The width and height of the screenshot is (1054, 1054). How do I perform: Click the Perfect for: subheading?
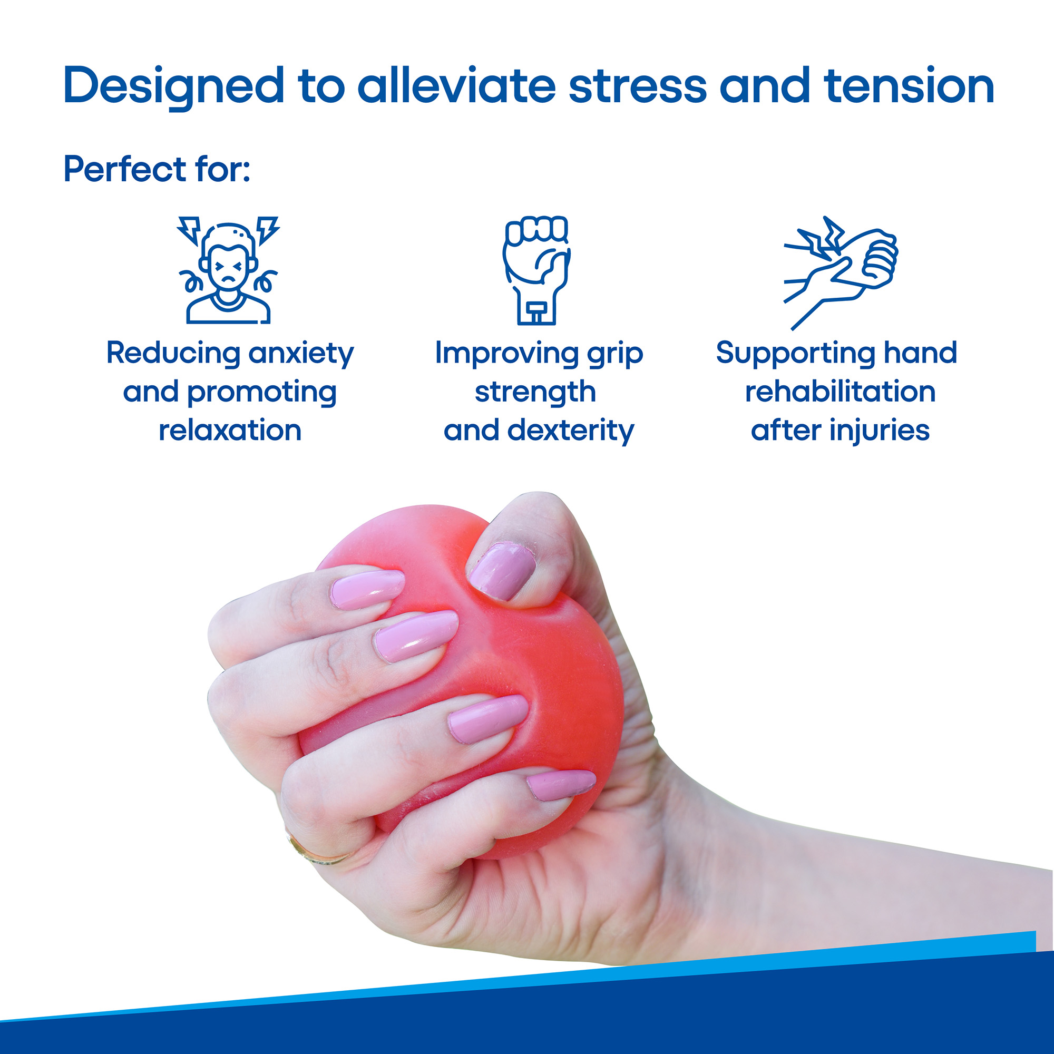[x=157, y=169]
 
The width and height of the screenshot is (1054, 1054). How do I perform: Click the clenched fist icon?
[x=536, y=270]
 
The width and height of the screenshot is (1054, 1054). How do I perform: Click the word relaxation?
[x=230, y=431]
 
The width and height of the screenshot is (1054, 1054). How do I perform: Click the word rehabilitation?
[x=840, y=392]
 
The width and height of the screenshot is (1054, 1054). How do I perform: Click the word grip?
[x=616, y=354]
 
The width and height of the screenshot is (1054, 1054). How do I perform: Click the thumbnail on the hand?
[x=501, y=571]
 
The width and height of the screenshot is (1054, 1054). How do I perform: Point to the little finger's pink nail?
[x=561, y=785]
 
